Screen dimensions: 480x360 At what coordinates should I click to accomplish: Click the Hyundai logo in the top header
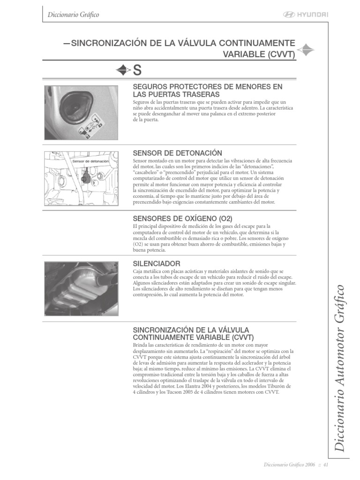click(306, 15)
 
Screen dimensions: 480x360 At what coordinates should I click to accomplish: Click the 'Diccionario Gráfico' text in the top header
click(74, 15)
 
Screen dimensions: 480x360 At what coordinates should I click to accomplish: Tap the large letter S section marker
click(137, 70)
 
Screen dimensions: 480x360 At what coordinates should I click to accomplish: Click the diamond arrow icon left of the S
click(123, 70)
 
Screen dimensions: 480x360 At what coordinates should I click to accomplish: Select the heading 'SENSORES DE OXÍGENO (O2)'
click(183, 218)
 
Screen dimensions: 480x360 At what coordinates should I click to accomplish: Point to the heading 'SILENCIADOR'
click(157, 264)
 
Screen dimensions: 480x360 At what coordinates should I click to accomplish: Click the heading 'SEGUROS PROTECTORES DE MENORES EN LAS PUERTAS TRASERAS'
click(208, 90)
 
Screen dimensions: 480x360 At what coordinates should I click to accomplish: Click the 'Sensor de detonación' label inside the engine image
click(90, 161)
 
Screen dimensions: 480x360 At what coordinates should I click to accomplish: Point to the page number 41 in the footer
click(325, 465)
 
